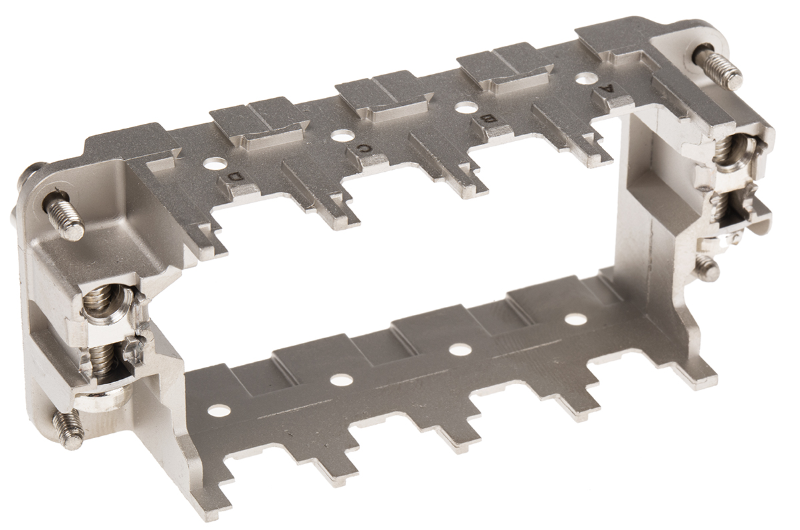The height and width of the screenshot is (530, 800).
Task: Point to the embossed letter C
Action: (x=364, y=148)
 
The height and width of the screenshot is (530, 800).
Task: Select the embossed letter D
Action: (x=236, y=177)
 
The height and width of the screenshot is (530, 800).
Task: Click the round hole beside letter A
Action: (x=587, y=78)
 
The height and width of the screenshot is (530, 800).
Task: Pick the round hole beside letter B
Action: (x=467, y=107)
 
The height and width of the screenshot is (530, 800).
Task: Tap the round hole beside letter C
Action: (x=342, y=136)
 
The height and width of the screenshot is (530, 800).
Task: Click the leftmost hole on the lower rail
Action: (x=219, y=410)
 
